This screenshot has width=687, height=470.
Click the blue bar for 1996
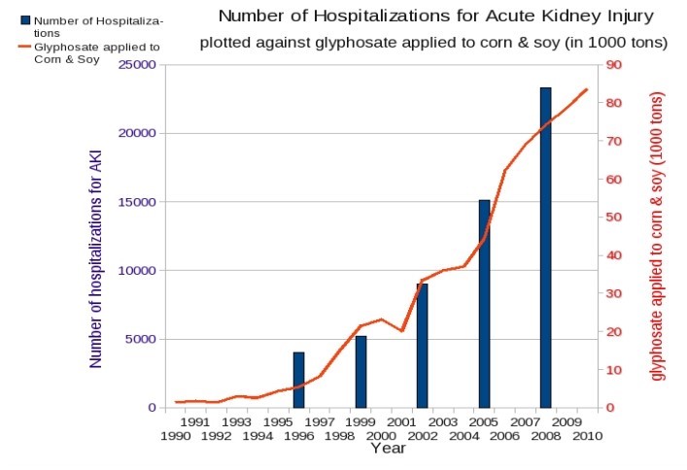pyautogui.click(x=299, y=380)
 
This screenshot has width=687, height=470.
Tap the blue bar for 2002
pyautogui.click(x=422, y=346)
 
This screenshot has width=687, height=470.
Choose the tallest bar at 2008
pyautogui.click(x=545, y=248)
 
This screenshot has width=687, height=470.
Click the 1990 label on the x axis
pyautogui.click(x=175, y=437)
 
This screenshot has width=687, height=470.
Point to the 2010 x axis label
pyautogui.click(x=586, y=437)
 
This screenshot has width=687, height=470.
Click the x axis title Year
pyautogui.click(x=388, y=449)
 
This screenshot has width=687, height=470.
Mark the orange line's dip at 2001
pyautogui.click(x=401, y=331)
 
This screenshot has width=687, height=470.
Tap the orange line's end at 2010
pyautogui.click(x=587, y=89)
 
